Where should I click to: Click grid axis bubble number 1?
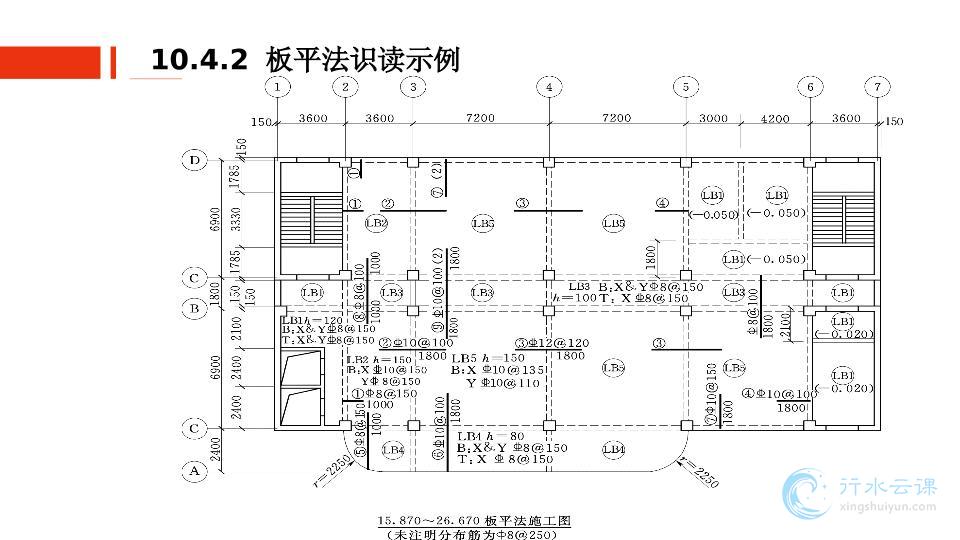click(x=278, y=87)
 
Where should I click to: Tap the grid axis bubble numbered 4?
click(x=549, y=87)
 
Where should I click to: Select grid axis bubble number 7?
click(x=876, y=87)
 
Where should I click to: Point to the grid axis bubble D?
click(x=195, y=159)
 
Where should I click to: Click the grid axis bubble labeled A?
click(x=195, y=468)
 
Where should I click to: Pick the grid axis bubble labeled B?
click(x=195, y=308)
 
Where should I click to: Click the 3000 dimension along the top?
click(x=713, y=119)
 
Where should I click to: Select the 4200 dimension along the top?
click(x=775, y=119)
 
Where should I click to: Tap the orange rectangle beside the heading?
click(x=51, y=61)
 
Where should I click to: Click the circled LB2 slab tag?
click(x=376, y=223)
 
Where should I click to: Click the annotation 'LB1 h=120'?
click(x=312, y=318)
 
